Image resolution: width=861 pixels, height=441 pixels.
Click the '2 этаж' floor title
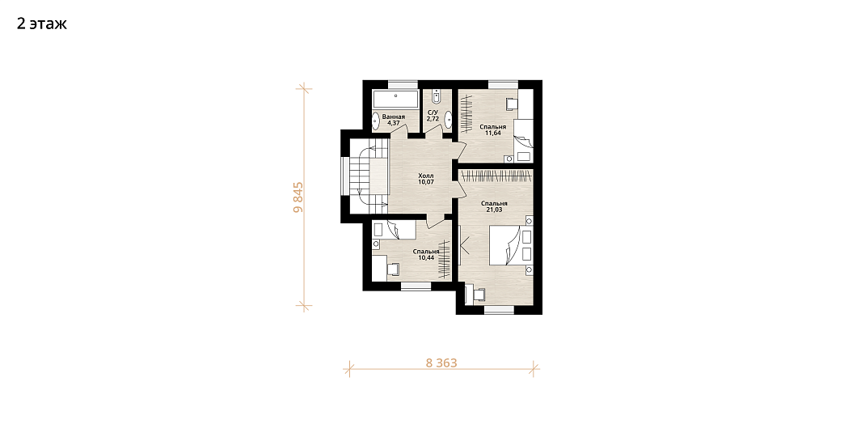click(x=42, y=24)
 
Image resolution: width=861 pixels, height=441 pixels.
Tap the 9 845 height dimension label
click(x=298, y=197)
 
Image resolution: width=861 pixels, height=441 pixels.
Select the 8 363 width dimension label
click(x=441, y=363)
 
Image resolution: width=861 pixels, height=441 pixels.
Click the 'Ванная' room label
click(x=394, y=117)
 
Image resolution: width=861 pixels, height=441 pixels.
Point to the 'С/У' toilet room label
click(x=433, y=112)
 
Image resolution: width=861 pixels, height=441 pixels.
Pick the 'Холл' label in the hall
click(x=425, y=176)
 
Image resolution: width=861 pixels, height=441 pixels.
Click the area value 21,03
click(x=494, y=210)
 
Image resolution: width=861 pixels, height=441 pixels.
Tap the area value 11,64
click(x=492, y=133)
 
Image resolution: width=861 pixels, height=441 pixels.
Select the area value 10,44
click(x=426, y=257)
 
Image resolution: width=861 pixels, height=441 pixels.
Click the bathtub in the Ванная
click(x=396, y=100)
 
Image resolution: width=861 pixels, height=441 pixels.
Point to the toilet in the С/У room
click(x=437, y=96)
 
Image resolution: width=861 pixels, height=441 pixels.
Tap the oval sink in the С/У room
click(x=448, y=120)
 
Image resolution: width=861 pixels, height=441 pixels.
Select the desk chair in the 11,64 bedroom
click(x=512, y=104)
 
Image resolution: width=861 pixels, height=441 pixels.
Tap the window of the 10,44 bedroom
click(x=416, y=286)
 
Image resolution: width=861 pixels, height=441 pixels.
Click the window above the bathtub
click(x=403, y=84)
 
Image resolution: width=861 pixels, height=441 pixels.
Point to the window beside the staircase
click(x=345, y=176)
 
